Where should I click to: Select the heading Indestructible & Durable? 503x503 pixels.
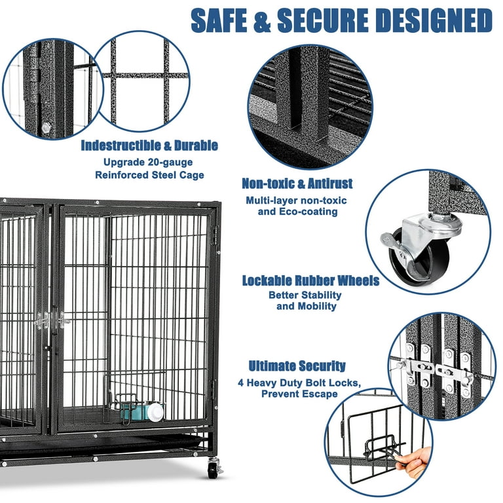click(x=149, y=145)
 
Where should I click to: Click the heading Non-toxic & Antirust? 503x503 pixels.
click(x=297, y=184)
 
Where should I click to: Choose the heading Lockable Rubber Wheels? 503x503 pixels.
click(x=310, y=281)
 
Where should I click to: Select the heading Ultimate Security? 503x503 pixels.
click(x=297, y=366)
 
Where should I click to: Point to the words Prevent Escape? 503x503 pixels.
click(x=299, y=394)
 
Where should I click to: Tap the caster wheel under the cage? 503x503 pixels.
click(x=214, y=468)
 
